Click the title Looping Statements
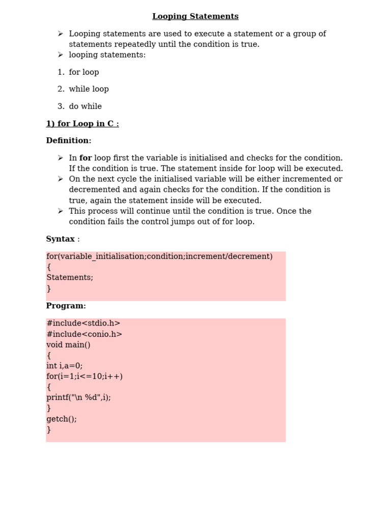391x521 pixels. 195,17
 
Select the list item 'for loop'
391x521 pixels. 84,72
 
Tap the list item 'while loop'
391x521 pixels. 89,89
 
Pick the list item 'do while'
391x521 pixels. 85,106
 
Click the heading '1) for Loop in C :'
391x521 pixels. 82,124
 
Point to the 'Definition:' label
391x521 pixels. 69,140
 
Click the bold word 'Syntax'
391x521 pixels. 60,239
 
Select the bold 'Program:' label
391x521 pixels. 66,306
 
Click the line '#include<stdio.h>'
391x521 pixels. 83,323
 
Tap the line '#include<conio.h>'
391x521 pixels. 85,334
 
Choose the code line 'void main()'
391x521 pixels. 68,345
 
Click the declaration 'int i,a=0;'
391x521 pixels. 64,366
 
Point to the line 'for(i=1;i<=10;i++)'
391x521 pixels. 85,377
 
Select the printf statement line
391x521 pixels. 78,397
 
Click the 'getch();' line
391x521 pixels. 62,419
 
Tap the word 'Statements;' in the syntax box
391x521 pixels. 70,277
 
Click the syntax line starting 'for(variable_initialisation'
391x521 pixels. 159,256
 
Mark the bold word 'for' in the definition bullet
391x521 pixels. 86,158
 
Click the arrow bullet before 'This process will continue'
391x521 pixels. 60,211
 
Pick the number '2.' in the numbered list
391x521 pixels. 61,89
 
